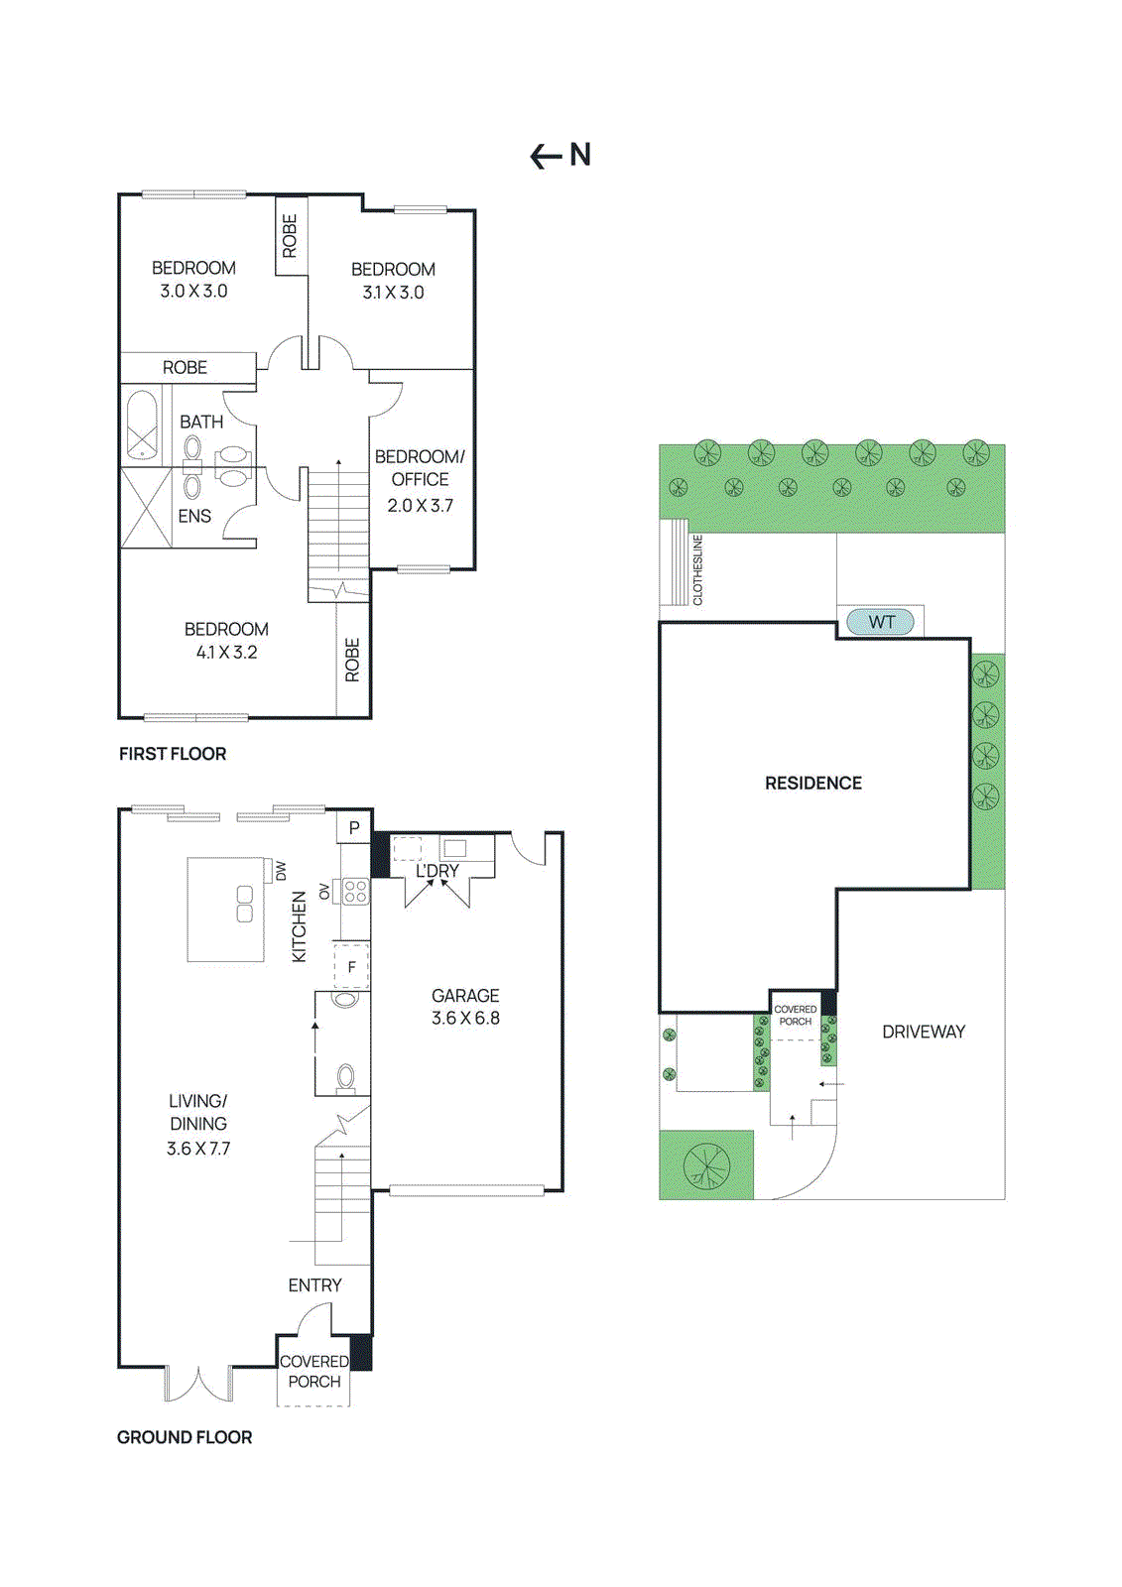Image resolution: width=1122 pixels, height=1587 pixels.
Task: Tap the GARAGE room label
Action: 465,995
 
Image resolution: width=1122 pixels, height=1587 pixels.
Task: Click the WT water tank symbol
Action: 880,622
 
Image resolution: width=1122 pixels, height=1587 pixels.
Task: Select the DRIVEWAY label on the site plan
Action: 923,1032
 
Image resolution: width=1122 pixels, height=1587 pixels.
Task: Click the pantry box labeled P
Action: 354,827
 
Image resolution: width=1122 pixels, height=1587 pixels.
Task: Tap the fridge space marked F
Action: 351,967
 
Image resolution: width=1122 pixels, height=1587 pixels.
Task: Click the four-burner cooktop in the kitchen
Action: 355,891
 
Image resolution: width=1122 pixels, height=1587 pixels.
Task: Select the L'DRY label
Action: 437,871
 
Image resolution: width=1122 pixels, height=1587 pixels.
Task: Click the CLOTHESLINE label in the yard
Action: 697,570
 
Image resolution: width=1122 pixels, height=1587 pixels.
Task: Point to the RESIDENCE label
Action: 812,783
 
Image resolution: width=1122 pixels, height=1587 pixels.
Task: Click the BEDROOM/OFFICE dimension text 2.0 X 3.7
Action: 420,505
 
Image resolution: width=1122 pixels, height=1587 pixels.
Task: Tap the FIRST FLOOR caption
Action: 173,754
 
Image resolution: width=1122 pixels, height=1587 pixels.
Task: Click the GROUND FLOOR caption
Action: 185,1437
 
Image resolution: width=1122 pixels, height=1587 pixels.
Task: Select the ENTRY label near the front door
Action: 314,1284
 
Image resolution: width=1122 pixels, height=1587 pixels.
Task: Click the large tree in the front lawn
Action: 706,1165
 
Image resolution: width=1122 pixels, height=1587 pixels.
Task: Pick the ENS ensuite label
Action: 194,516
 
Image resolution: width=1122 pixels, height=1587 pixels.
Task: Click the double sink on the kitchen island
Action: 245,904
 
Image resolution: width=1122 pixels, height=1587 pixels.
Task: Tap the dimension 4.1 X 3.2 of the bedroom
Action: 226,652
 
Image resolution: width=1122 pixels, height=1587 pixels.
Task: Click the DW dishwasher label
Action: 281,870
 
